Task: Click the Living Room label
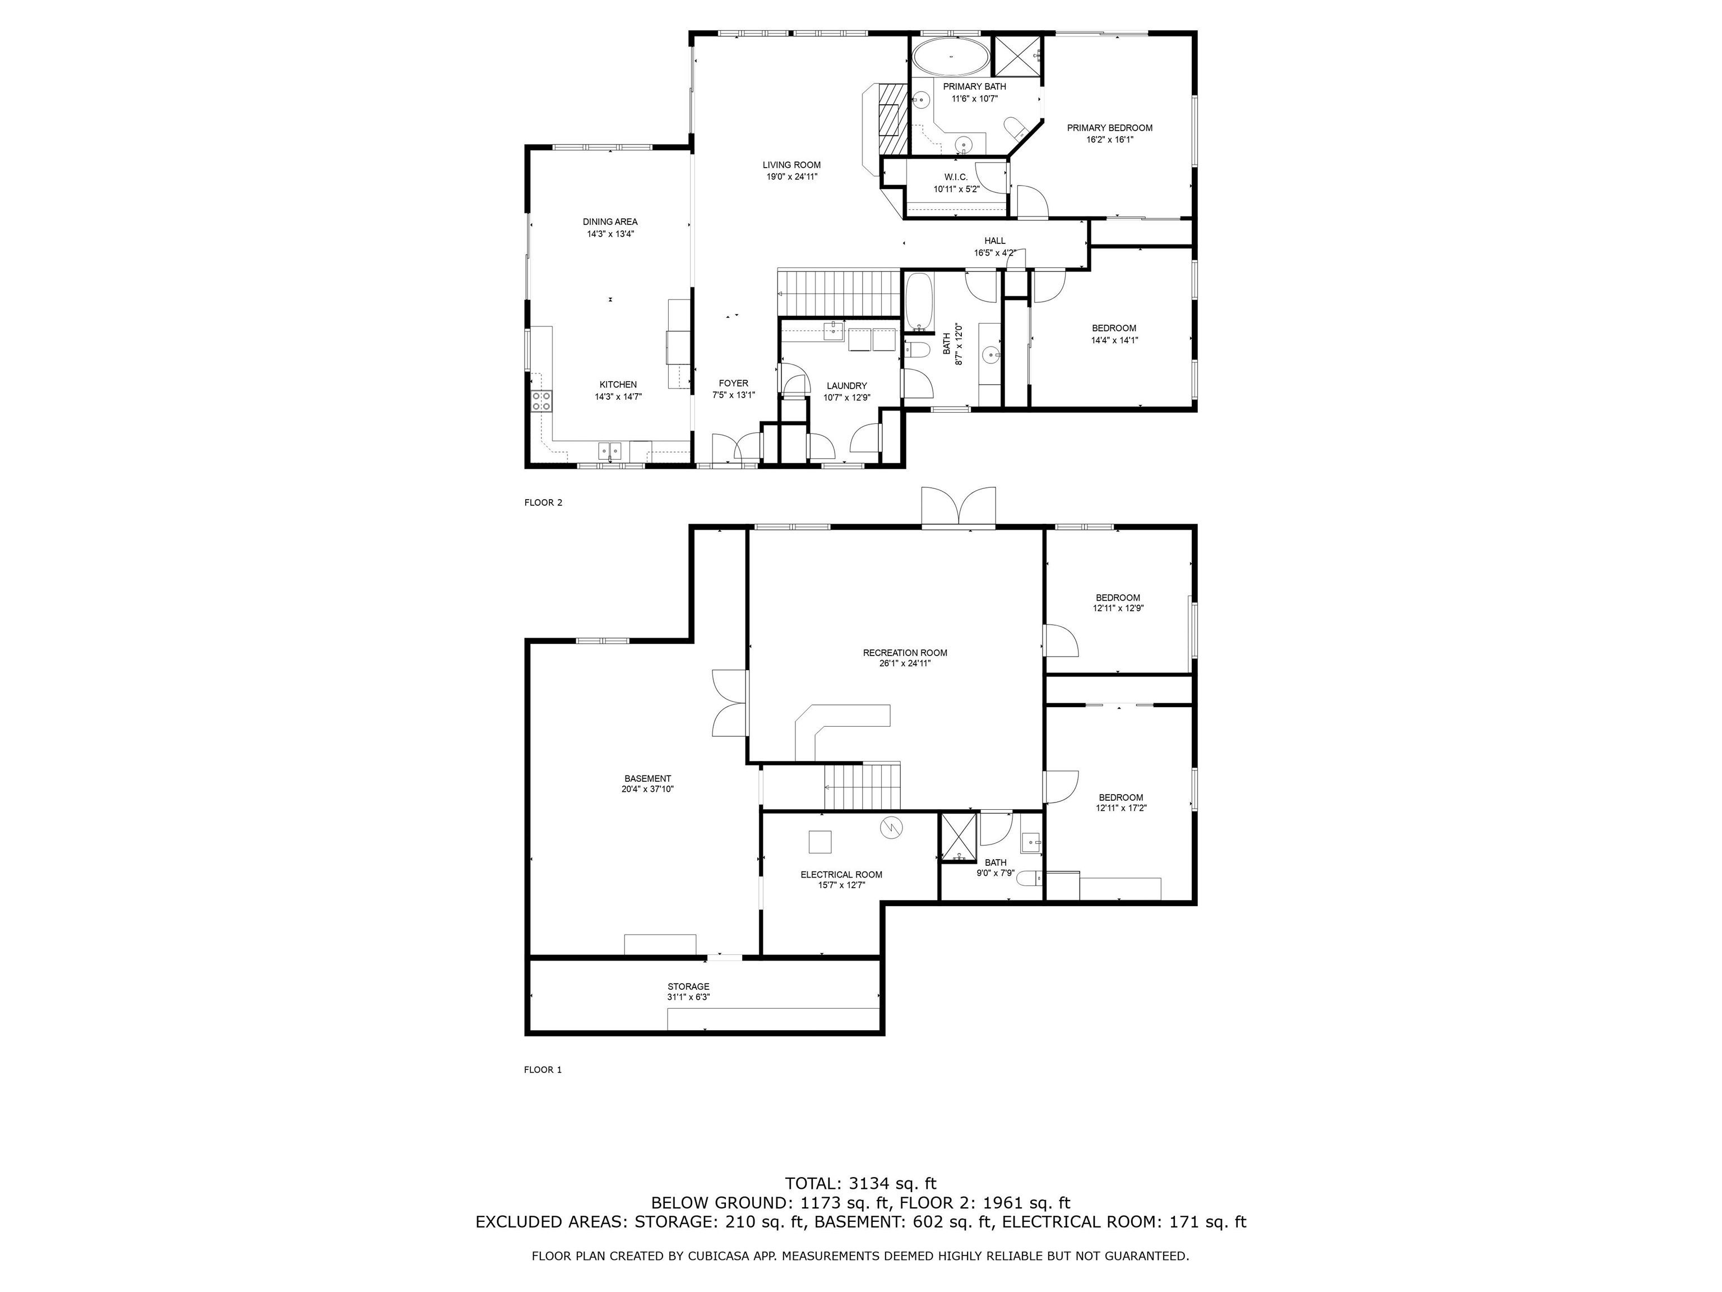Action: click(x=791, y=165)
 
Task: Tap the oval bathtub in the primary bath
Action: click(x=951, y=56)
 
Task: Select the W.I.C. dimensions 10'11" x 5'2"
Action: click(x=956, y=189)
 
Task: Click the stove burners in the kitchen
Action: click(x=542, y=401)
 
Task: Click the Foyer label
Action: click(x=733, y=383)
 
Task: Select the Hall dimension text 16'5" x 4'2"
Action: click(x=994, y=253)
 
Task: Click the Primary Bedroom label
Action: click(x=1109, y=128)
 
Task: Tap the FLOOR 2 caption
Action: click(x=543, y=502)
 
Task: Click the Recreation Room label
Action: click(x=905, y=653)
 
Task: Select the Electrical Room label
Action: click(x=841, y=875)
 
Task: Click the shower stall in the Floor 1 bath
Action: click(x=959, y=837)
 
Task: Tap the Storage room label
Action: click(x=688, y=987)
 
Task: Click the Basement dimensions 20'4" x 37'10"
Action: click(x=647, y=789)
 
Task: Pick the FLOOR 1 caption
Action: click(x=543, y=1069)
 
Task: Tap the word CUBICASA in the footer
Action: click(x=711, y=1256)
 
